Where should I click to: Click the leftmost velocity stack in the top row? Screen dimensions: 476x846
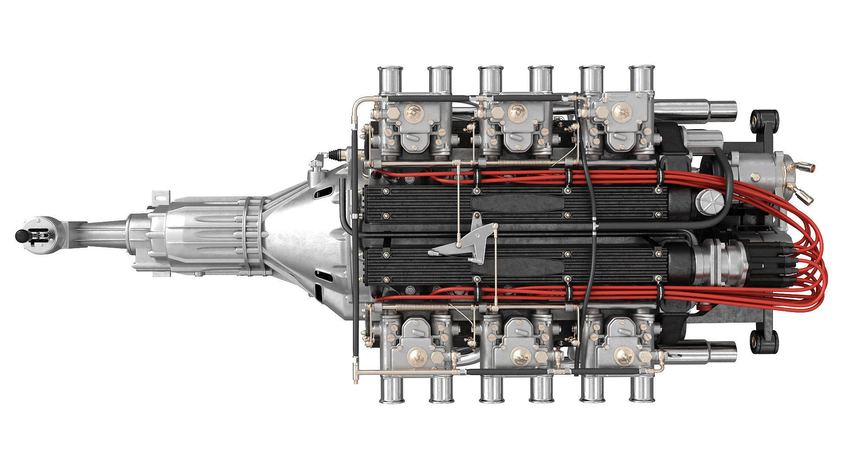tap(389, 79)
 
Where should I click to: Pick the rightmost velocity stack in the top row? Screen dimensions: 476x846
tap(641, 79)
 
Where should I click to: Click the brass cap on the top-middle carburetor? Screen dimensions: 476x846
tap(518, 111)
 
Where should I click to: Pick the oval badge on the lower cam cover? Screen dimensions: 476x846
tap(518, 267)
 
